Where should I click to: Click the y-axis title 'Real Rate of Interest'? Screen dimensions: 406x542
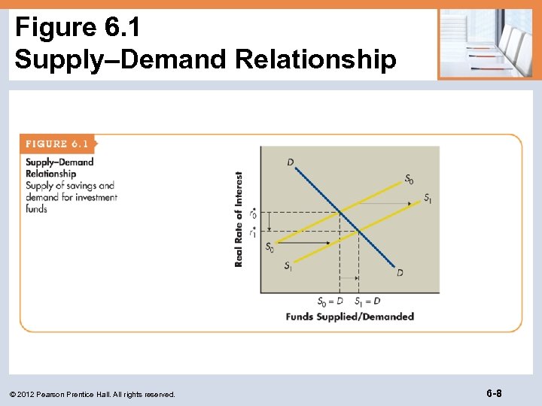pyautogui.click(x=239, y=219)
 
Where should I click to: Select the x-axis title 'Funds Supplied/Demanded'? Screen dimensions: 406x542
pyautogui.click(x=349, y=317)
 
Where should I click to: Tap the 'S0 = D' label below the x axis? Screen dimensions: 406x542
pyautogui.click(x=330, y=301)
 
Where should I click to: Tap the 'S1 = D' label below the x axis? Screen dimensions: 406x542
pyautogui.click(x=367, y=301)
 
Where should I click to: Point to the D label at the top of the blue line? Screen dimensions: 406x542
pyautogui.click(x=291, y=162)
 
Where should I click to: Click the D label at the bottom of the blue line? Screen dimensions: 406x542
pyautogui.click(x=400, y=272)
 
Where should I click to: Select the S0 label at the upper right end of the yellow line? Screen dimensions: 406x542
pyautogui.click(x=409, y=179)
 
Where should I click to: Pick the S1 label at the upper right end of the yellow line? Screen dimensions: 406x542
pyautogui.click(x=428, y=198)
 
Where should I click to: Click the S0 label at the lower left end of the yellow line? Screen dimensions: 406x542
pyautogui.click(x=269, y=247)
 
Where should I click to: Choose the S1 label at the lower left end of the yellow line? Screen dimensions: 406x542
pyautogui.click(x=288, y=265)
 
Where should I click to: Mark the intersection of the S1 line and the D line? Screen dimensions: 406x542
pyautogui.click(x=359, y=232)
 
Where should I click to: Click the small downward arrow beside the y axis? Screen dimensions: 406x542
pyautogui.click(x=254, y=223)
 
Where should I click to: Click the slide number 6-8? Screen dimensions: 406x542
pyautogui.click(x=495, y=393)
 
